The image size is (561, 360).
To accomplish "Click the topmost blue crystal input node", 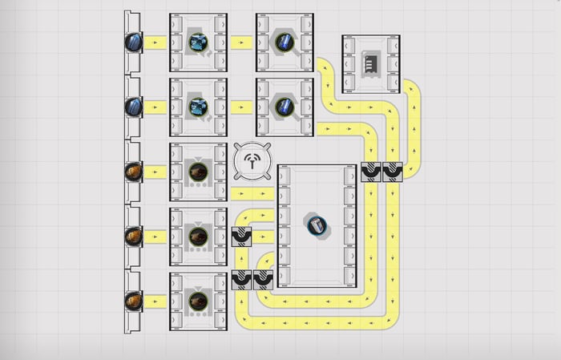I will tap(134, 42).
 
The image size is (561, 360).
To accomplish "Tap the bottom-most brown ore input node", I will tap(134, 301).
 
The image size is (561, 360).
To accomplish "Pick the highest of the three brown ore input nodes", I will tap(134, 171).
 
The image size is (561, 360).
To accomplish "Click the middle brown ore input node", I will tap(134, 236).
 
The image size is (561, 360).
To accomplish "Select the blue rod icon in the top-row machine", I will tap(285, 42).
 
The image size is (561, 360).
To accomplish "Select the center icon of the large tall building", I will tap(316, 225).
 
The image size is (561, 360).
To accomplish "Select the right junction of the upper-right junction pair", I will tap(392, 171).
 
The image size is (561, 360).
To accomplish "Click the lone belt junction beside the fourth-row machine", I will tap(241, 236).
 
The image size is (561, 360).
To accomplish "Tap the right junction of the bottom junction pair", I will tap(263, 279).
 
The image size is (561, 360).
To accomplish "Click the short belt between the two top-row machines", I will tap(241, 42).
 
